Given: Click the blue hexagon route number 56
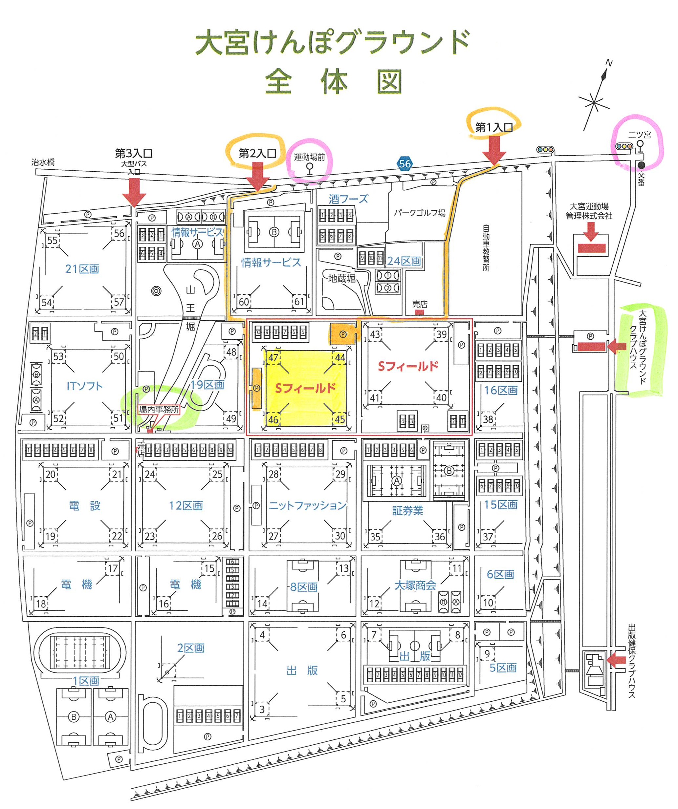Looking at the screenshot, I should (405, 164).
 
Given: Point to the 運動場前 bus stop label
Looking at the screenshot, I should (309, 157).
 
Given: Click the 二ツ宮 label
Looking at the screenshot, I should (640, 135).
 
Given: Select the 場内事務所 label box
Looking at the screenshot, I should (159, 410).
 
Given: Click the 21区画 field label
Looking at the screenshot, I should (82, 268).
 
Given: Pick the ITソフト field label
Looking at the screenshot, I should (84, 386).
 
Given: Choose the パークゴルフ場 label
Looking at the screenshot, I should (419, 213).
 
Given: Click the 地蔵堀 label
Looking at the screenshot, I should (341, 278).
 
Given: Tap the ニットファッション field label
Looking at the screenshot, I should (307, 505).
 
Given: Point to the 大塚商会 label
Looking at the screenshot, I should (415, 585).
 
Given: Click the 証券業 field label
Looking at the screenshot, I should (407, 511).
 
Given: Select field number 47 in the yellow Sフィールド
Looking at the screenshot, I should (273, 357).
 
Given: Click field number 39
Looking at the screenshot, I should (441, 335).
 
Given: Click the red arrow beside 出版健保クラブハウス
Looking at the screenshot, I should (616, 660).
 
